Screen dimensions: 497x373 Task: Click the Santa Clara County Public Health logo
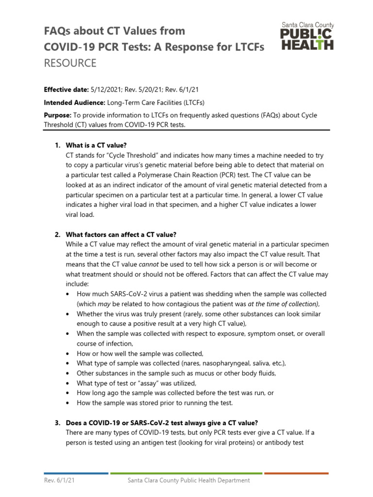pos(307,36)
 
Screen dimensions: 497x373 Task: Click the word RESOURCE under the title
pos(70,63)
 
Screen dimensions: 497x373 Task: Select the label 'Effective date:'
pos(66,89)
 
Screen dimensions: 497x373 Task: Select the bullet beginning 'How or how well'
pos(140,353)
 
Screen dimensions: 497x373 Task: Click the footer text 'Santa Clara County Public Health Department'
pos(188,480)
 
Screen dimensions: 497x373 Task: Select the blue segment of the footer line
pos(76,473)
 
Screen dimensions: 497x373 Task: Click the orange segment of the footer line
pos(296,473)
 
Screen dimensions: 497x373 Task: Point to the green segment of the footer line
pos(186,473)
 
